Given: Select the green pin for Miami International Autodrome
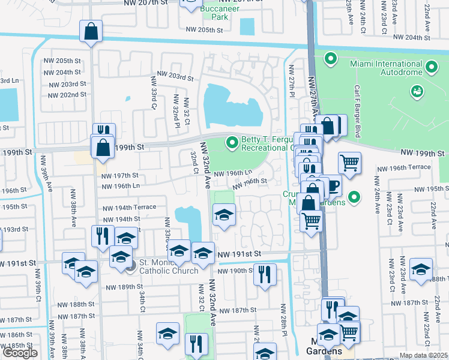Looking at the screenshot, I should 330,59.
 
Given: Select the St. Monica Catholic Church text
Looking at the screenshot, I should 169,266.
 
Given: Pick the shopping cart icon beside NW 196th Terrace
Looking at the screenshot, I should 349,162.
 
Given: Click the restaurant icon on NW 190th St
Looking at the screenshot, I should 264,274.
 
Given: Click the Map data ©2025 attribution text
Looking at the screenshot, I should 424,355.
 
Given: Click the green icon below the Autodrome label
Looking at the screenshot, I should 415,91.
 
